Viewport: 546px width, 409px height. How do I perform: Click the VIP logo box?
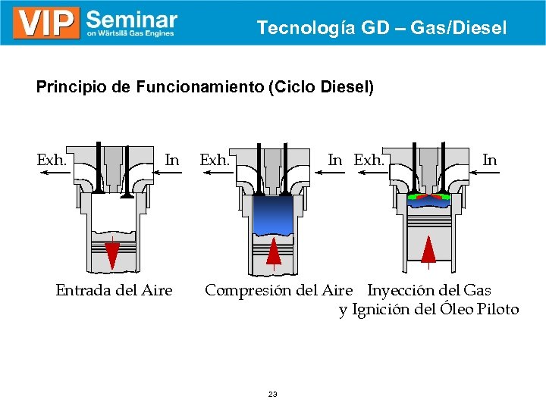point(46,23)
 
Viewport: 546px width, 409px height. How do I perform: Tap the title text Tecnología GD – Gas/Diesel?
point(381,28)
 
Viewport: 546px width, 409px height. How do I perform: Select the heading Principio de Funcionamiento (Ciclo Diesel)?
point(205,87)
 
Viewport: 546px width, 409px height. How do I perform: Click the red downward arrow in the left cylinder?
point(111,253)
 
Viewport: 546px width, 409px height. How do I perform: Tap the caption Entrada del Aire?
point(114,290)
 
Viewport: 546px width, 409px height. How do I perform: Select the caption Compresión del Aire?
point(278,290)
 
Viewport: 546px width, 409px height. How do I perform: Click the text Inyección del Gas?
point(429,290)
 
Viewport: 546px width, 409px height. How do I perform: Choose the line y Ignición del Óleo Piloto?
point(428,310)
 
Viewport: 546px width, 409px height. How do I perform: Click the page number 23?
point(273,394)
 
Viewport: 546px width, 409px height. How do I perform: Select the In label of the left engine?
point(172,160)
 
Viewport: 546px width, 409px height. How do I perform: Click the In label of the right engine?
point(490,160)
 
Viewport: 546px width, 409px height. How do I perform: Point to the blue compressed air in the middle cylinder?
point(274,214)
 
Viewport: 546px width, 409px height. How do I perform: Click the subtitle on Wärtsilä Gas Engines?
point(130,33)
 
